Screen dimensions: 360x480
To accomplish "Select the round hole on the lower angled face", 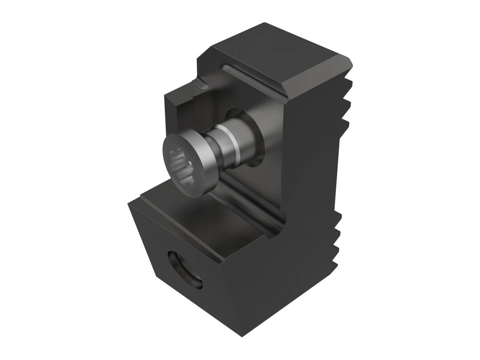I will [185, 269].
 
